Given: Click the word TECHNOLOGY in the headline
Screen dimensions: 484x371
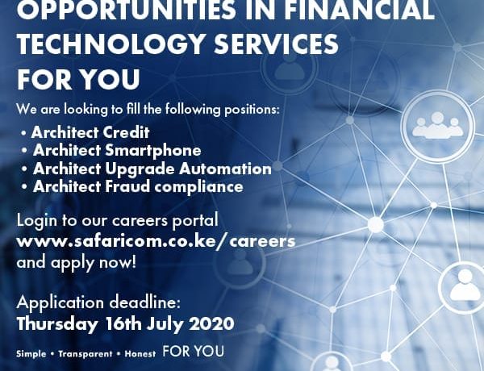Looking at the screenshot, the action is tap(111, 44).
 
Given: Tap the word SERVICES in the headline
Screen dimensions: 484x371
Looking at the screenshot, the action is tap(276, 44).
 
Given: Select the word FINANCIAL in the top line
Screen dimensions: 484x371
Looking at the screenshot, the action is tap(359, 9).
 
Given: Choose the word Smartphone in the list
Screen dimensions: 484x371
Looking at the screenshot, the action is tap(153, 151).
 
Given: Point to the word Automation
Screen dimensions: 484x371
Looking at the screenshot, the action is tap(225, 169).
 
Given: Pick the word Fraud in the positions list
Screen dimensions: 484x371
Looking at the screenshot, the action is tap(127, 186).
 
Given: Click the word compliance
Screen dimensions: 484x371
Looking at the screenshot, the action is tap(198, 187).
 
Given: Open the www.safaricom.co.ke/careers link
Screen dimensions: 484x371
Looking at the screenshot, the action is tap(156, 241).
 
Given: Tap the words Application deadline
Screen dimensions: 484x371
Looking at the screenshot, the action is tap(98, 302).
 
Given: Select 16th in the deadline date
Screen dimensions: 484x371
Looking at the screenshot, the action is tap(123, 323).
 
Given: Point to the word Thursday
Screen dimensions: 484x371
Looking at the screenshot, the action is tap(56, 324).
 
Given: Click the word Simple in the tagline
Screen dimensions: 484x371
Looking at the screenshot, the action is tap(31, 354).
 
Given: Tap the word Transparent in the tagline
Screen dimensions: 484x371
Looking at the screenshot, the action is tap(86, 354).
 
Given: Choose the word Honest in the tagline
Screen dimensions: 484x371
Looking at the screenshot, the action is tap(140, 354).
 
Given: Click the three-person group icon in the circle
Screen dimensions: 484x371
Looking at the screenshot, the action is tap(438, 125).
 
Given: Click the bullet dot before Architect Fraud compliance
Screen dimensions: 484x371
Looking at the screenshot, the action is tap(24, 187).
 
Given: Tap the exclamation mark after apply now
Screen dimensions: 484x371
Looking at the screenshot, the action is tap(134, 262).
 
